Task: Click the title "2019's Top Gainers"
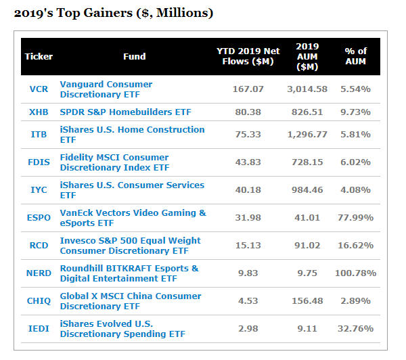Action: click(114, 14)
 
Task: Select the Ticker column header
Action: click(39, 56)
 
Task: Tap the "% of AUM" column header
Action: click(355, 56)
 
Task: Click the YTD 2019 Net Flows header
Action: click(248, 56)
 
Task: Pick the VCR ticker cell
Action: click(39, 89)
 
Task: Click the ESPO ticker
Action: click(39, 218)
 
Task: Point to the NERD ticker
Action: click(39, 273)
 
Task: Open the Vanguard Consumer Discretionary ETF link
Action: click(106, 89)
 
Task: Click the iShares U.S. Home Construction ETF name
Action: click(132, 135)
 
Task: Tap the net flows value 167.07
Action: click(248, 89)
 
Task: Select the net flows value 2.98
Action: click(248, 329)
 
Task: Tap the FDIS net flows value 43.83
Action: click(248, 162)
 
